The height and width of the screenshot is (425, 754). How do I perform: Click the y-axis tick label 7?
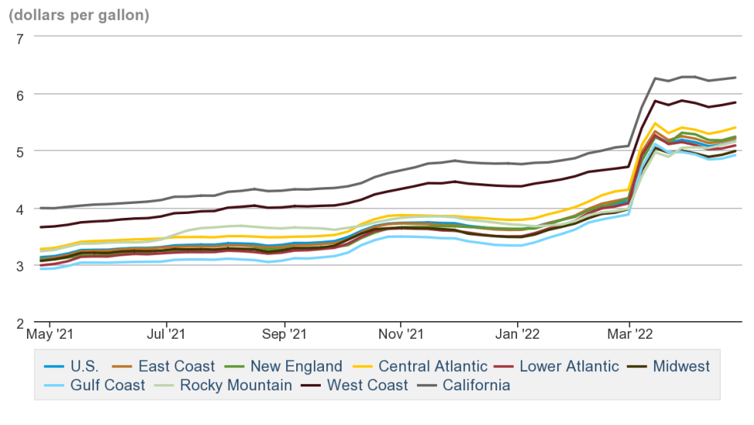click(x=20, y=37)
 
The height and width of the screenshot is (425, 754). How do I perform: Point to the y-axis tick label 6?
click(x=20, y=94)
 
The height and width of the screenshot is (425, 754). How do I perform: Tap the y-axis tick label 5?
click(x=20, y=152)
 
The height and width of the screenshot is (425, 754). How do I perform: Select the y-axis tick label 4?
click(x=20, y=209)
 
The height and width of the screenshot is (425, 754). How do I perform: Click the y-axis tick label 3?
click(x=20, y=266)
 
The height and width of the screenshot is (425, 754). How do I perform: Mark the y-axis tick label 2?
click(x=20, y=323)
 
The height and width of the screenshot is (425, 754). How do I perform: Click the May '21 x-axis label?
click(x=49, y=336)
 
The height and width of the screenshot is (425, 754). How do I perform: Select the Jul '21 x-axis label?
click(x=167, y=336)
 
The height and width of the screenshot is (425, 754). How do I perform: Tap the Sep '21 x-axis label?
click(x=285, y=336)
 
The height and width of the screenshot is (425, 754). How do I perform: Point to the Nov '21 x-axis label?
click(x=401, y=336)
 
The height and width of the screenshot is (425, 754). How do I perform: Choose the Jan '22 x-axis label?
click(x=518, y=336)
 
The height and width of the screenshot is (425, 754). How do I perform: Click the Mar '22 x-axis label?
click(x=629, y=336)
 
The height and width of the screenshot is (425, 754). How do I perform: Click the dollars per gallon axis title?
click(x=79, y=14)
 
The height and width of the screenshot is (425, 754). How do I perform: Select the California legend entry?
click(x=475, y=385)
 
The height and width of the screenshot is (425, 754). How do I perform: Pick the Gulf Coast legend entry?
click(x=107, y=385)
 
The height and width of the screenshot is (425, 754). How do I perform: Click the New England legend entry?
click(x=295, y=366)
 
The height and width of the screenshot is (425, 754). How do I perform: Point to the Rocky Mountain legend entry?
click(x=235, y=385)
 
